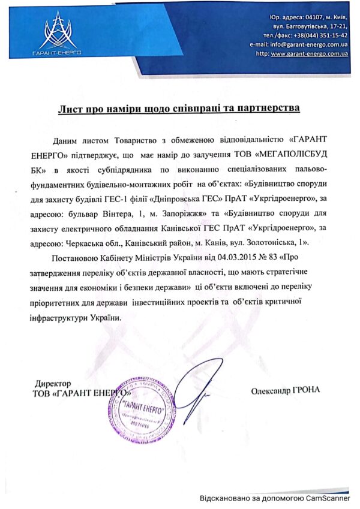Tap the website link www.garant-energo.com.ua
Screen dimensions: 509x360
310,53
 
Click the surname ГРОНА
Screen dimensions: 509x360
306,390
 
